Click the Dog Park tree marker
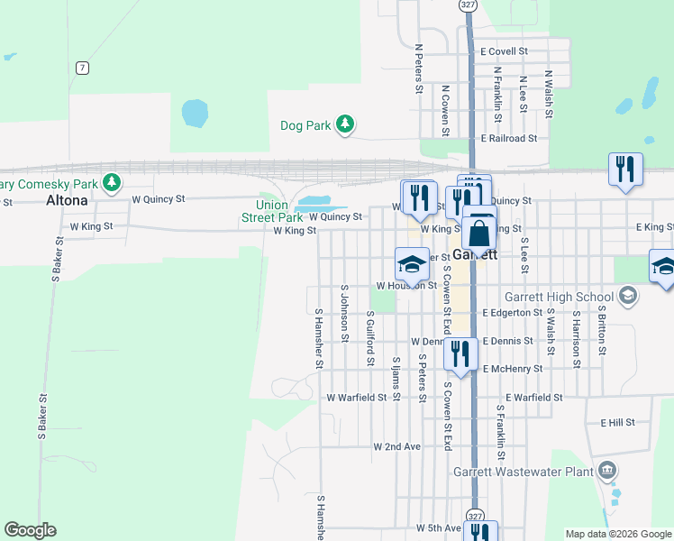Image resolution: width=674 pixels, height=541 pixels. pyautogui.click(x=344, y=125)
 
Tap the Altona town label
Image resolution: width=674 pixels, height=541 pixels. pyautogui.click(x=68, y=201)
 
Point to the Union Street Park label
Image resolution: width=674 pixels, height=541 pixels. pyautogui.click(x=272, y=211)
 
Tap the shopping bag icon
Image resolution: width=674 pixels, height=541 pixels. pyautogui.click(x=479, y=234)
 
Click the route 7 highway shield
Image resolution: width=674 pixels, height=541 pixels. pyautogui.click(x=82, y=68)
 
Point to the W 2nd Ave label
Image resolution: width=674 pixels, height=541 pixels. pyautogui.click(x=397, y=446)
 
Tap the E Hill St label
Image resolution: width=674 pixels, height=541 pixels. pyautogui.click(x=617, y=422)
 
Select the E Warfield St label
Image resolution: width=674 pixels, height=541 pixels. pyautogui.click(x=533, y=397)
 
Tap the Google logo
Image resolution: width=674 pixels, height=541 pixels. pyautogui.click(x=31, y=530)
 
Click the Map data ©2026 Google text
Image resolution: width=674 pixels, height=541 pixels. pyautogui.click(x=618, y=534)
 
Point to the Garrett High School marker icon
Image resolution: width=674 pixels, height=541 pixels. pyautogui.click(x=628, y=296)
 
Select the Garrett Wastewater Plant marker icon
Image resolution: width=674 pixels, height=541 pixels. pyautogui.click(x=607, y=471)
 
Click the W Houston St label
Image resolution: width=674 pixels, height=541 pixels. pyautogui.click(x=406, y=286)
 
